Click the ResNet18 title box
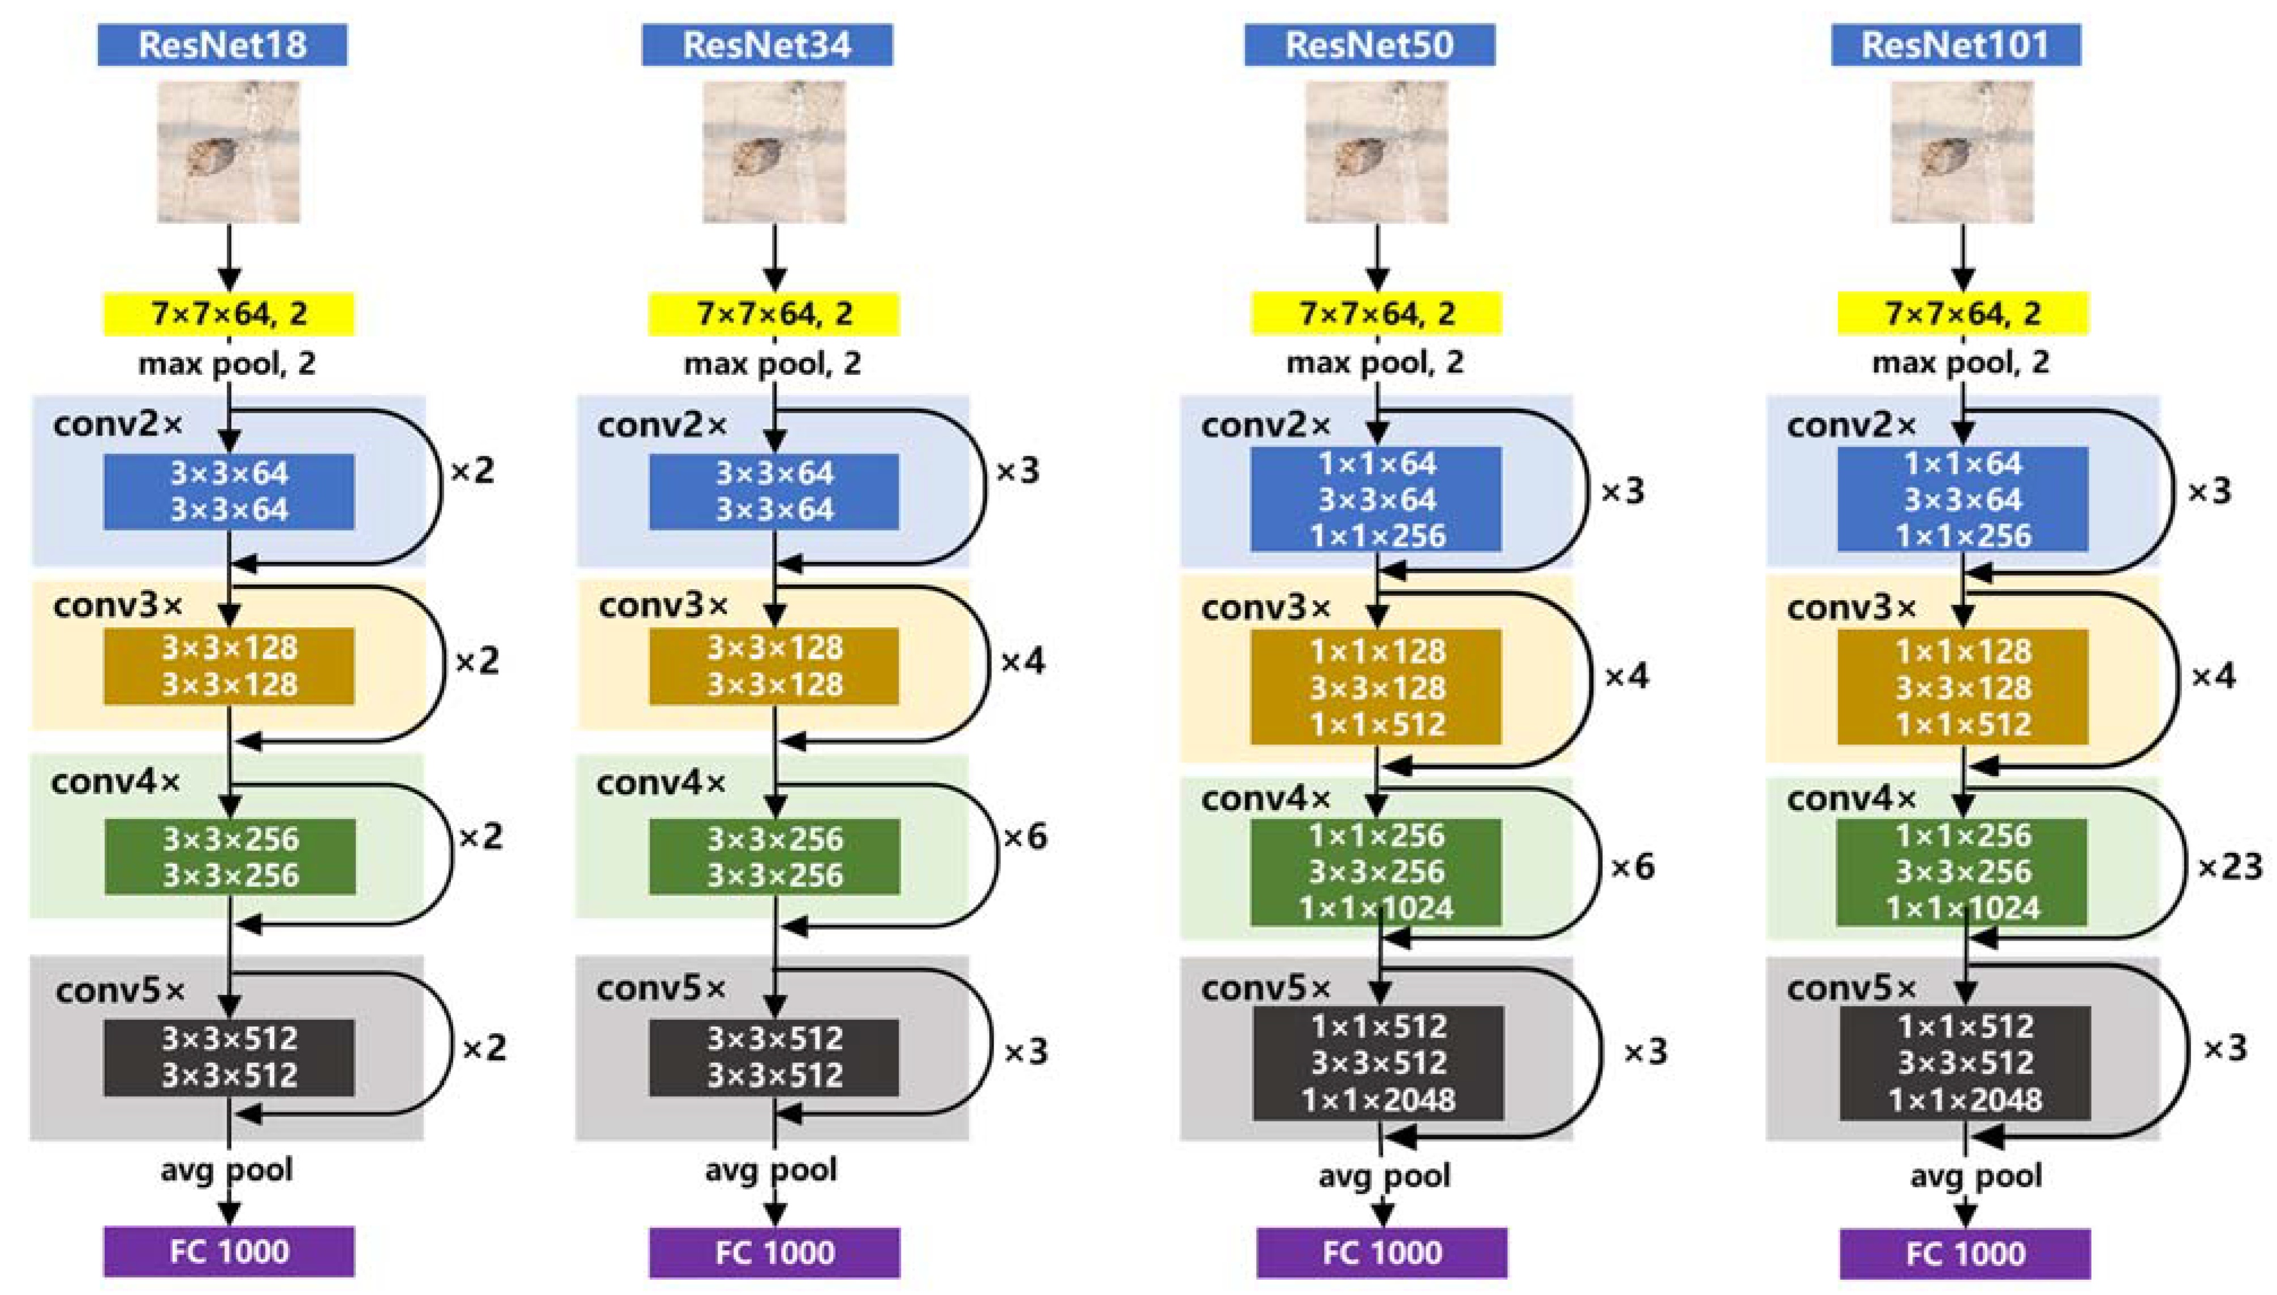pyautogui.click(x=222, y=45)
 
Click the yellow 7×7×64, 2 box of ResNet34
pyautogui.click(x=773, y=313)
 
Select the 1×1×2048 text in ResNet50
pyautogui.click(x=1378, y=1100)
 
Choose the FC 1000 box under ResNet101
pyautogui.click(x=1965, y=1253)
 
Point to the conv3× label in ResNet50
pyautogui.click(x=1265, y=608)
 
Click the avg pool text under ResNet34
pyautogui.click(x=770, y=1170)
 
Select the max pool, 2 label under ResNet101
pyautogui.click(x=1960, y=362)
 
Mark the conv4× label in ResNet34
pyautogui.click(x=660, y=783)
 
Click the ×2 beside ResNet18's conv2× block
pyautogui.click(x=472, y=470)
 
